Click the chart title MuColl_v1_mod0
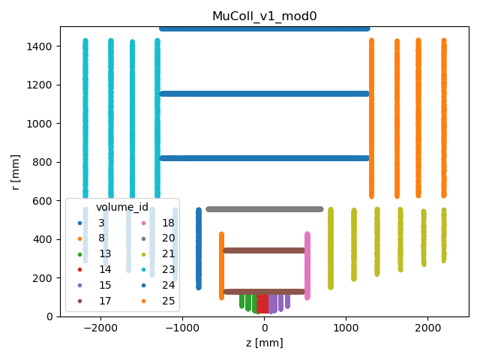264,16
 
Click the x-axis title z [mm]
264,343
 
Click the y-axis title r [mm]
15,171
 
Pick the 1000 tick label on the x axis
346,328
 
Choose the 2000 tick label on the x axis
427,328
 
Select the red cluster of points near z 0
262,304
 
